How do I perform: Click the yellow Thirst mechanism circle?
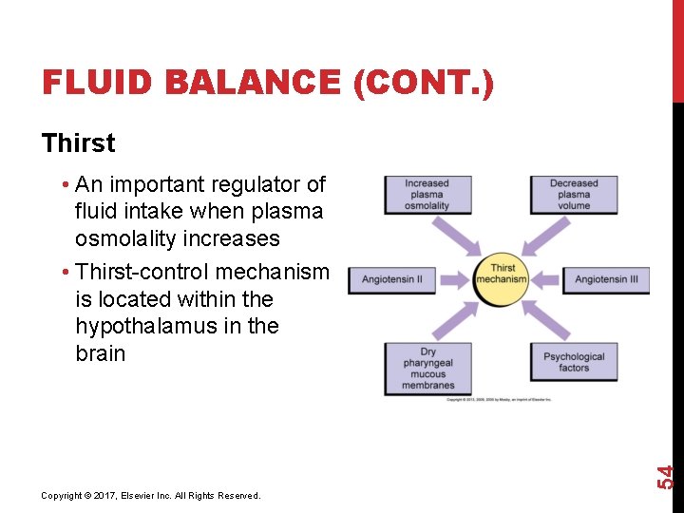click(502, 279)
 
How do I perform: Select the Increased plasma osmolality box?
click(427, 194)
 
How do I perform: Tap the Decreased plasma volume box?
click(574, 194)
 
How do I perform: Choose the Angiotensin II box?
click(392, 279)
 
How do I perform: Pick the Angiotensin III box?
click(606, 279)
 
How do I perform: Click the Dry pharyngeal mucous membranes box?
click(427, 368)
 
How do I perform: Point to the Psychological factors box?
click(574, 362)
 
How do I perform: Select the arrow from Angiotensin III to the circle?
click(547, 279)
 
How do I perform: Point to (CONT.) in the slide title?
click(423, 84)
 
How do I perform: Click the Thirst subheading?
click(79, 143)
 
